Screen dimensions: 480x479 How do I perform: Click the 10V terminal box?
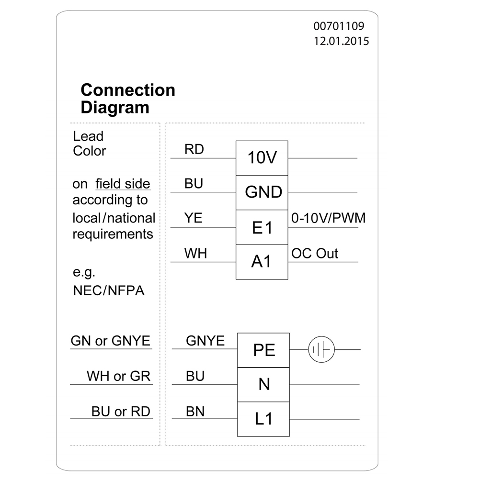[262, 158]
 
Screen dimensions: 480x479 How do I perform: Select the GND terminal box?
[262, 192]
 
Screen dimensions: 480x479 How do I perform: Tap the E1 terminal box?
[262, 227]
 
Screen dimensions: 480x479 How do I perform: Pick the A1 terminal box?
[262, 262]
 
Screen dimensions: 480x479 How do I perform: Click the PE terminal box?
[264, 350]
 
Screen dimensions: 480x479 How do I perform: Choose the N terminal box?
[264, 384]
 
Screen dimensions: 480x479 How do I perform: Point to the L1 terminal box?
[264, 419]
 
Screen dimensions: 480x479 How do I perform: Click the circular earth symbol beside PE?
[320, 350]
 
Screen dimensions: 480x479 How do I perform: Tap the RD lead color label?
[194, 149]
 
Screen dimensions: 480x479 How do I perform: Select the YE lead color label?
[194, 218]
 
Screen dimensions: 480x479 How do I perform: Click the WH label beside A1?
[196, 254]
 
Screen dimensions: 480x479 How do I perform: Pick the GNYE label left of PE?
[205, 341]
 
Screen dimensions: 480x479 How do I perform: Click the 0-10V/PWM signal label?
[328, 218]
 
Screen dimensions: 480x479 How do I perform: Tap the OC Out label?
[315, 254]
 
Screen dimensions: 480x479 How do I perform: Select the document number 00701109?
[339, 26]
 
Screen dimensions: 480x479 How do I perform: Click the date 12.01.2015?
[341, 41]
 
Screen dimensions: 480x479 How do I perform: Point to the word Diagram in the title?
[115, 107]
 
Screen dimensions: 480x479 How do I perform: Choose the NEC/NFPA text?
[108, 290]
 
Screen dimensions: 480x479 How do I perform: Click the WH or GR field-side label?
[118, 376]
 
